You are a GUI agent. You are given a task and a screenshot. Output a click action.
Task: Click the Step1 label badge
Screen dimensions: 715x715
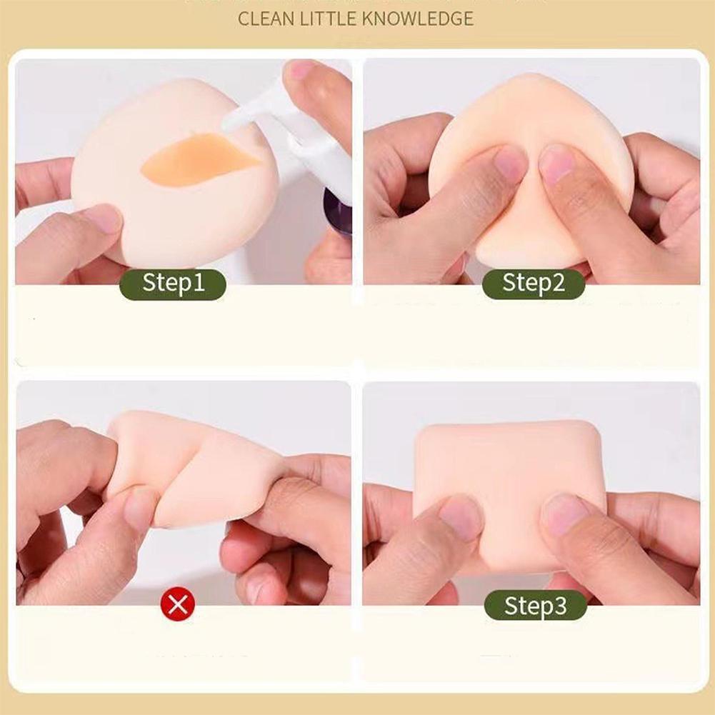173,284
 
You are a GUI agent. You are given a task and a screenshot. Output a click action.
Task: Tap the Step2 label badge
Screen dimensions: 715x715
534,284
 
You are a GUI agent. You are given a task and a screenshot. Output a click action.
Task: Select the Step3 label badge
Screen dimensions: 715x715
535,605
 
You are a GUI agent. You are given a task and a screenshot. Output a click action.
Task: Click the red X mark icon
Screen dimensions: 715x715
178,605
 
